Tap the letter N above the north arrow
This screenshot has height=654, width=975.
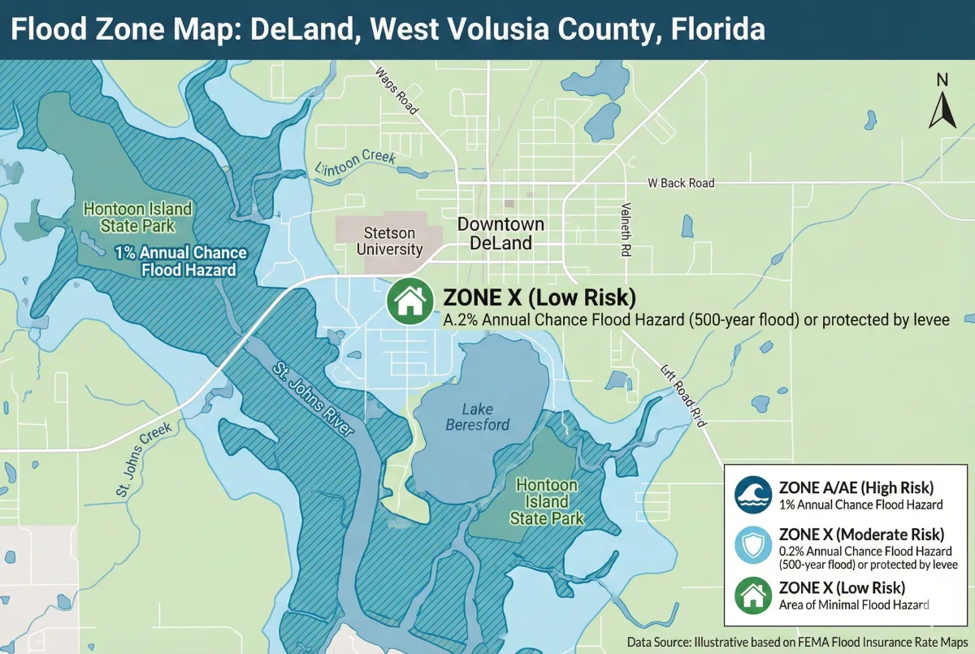pyautogui.click(x=942, y=80)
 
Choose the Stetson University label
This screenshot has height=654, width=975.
pyautogui.click(x=390, y=241)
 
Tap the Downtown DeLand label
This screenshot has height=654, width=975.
pyautogui.click(x=500, y=233)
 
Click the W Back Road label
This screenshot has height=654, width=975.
pyautogui.click(x=681, y=183)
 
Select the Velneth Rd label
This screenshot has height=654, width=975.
pyautogui.click(x=626, y=230)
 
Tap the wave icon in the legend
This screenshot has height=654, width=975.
pyautogui.click(x=752, y=495)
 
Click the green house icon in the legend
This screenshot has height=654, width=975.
pyautogui.click(x=752, y=596)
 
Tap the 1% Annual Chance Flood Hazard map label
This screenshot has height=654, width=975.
pyautogui.click(x=180, y=262)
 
